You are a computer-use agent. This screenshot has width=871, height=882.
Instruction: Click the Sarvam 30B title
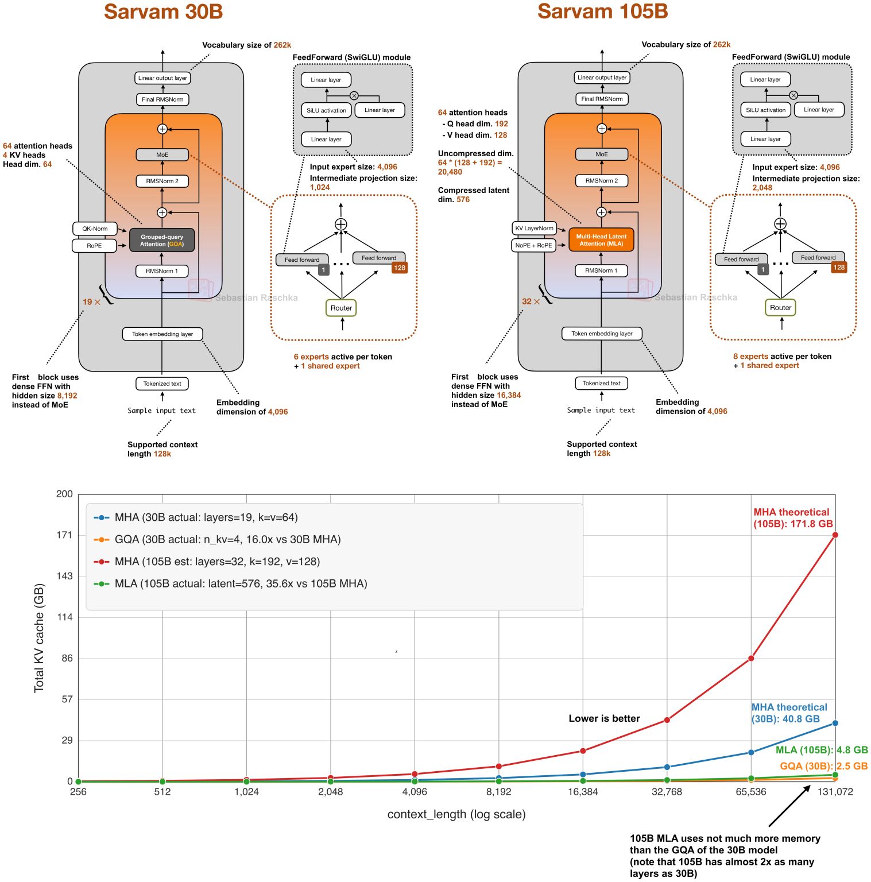[x=163, y=12]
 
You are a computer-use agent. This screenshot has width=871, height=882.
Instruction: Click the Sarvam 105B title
[x=602, y=11]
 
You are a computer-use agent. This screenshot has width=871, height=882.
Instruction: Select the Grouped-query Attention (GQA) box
[x=162, y=240]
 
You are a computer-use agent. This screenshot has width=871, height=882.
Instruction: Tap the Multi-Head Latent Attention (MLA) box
[x=601, y=240]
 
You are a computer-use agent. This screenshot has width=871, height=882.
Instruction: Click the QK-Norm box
[x=95, y=229]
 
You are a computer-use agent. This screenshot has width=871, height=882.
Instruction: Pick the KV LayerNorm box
[x=534, y=228]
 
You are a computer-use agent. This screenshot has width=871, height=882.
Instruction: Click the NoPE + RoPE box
[x=533, y=245]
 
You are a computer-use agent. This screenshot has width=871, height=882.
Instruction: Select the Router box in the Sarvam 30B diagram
[x=341, y=308]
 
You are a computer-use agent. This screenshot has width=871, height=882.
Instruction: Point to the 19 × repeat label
[x=91, y=302]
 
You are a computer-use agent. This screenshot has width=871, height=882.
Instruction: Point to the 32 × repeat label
[x=531, y=301]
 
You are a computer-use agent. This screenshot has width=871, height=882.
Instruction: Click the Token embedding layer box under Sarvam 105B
[x=602, y=334]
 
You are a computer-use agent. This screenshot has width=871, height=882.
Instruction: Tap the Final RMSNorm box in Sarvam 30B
[x=162, y=99]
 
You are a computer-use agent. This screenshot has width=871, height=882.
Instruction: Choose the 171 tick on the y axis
[x=64, y=535]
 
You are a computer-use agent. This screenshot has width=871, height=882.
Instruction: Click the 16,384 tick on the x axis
[x=583, y=792]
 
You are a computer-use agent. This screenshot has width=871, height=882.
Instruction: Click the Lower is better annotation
[x=604, y=718]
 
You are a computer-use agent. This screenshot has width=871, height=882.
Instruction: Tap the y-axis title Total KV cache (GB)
[x=39, y=637]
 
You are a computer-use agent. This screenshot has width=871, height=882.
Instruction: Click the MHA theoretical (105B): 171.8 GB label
[x=792, y=518]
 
